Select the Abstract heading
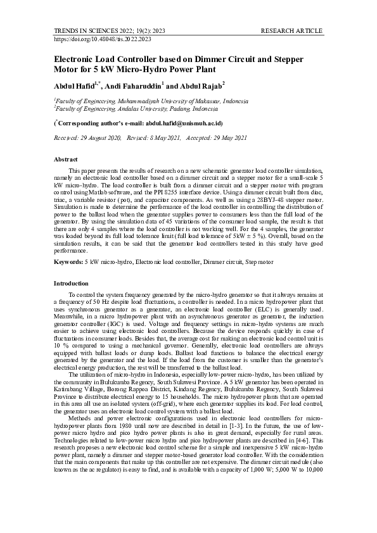[x=65, y=160]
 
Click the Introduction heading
[x=71, y=283]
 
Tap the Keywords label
[x=68, y=261]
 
